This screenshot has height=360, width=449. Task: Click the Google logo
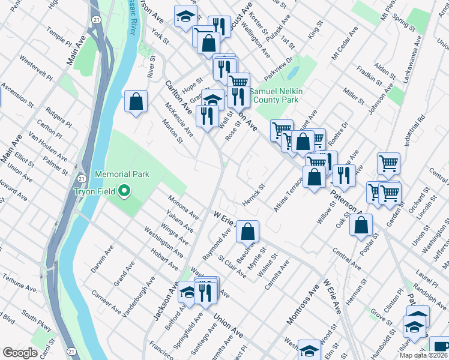(20, 353)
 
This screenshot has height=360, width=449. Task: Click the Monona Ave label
(184, 206)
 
